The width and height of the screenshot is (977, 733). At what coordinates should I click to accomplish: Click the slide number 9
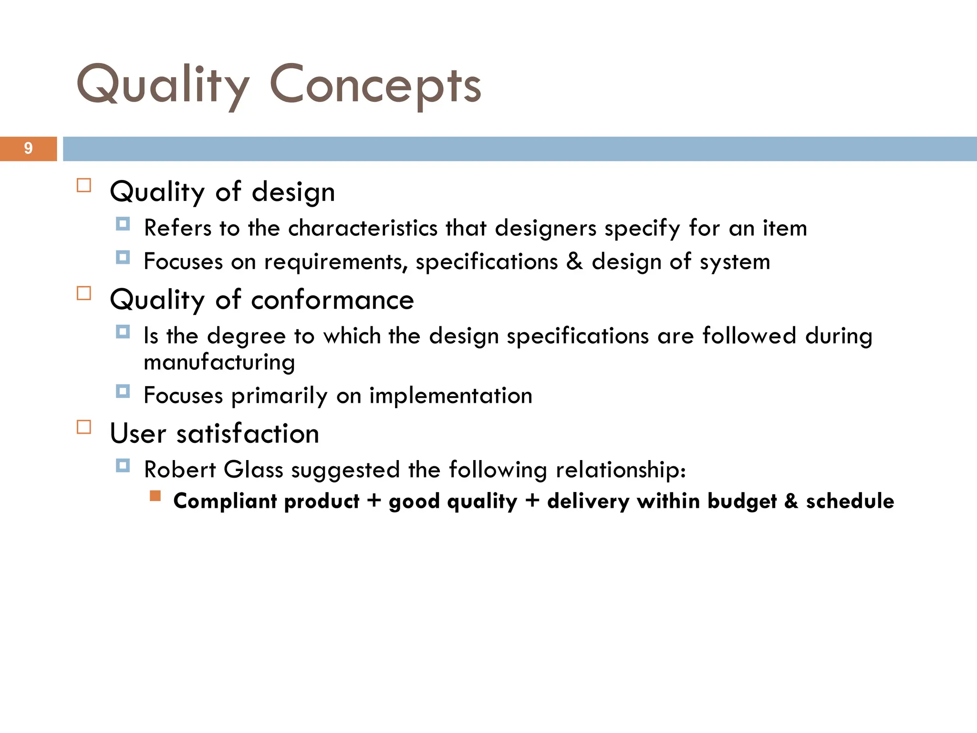(28, 148)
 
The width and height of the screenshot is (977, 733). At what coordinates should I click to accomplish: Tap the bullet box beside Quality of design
(84, 185)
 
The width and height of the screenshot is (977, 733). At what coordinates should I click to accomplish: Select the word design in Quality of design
(293, 192)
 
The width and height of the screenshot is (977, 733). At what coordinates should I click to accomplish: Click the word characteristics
(363, 228)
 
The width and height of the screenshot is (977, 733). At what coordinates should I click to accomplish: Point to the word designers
(545, 228)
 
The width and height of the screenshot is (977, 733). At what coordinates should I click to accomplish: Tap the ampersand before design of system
(574, 261)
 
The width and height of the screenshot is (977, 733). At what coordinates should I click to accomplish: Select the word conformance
(332, 300)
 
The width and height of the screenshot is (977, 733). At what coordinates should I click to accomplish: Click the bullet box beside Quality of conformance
(84, 293)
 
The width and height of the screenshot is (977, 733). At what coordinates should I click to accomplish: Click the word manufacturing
(219, 363)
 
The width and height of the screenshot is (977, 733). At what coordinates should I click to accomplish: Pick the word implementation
(450, 396)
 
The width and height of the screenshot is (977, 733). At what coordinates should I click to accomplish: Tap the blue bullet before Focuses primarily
(123, 392)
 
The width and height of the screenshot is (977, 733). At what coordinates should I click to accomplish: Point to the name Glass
(253, 470)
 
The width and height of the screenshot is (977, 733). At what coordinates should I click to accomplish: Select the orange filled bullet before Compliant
(155, 496)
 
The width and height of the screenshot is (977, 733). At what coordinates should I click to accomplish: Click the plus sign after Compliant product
(374, 501)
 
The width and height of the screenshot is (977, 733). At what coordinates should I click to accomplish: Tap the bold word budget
(742, 501)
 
